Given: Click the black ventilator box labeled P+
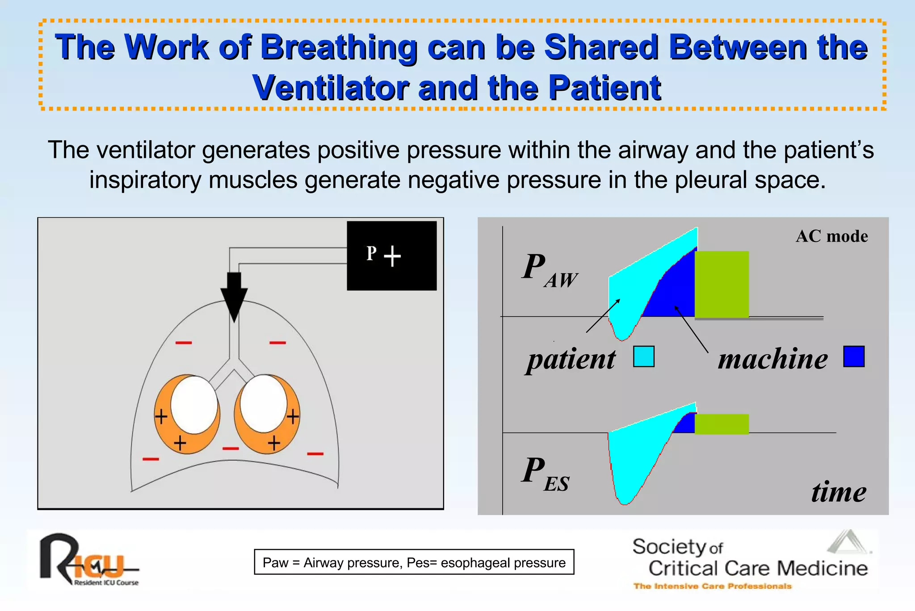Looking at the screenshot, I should click(391, 255).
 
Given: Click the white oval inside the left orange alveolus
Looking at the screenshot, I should click(194, 404).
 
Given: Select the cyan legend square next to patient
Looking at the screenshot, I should click(643, 357).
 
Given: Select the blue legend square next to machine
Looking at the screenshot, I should click(854, 356).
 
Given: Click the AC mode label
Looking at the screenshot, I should click(831, 236).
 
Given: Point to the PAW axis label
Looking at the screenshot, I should click(549, 270).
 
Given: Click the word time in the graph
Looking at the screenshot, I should click(839, 492).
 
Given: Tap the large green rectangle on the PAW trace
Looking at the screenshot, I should click(722, 284).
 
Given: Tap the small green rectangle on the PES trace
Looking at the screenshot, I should click(722, 424).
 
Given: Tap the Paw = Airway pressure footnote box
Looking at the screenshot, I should click(414, 562).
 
